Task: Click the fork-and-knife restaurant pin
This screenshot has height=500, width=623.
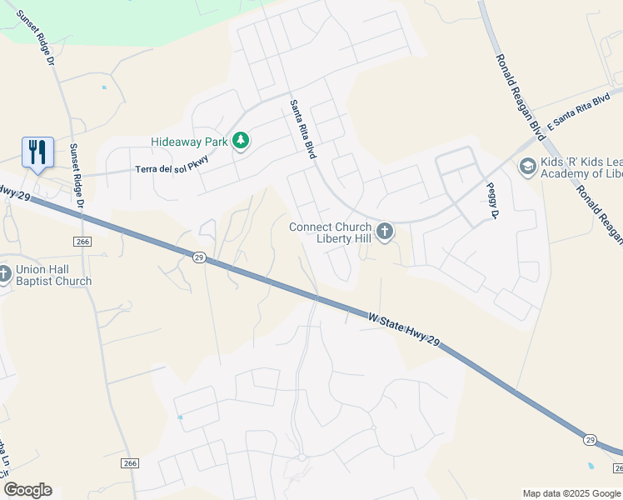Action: pos(37,152)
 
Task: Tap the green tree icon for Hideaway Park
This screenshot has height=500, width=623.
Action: pos(241,141)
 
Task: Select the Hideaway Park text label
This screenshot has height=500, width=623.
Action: pos(189,142)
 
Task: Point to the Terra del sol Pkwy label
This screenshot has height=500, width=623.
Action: pos(172,167)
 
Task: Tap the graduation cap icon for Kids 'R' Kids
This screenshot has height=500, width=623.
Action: pos(526,167)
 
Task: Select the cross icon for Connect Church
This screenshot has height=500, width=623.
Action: pos(384,231)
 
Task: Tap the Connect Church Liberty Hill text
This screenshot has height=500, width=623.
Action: pos(331,233)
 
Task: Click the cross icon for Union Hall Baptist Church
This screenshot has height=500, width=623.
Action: pos(4,273)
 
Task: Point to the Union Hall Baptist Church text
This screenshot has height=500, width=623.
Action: pos(54,275)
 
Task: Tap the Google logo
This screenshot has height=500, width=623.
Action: pos(27,489)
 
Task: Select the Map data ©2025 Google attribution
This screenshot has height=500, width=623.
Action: pos(571,493)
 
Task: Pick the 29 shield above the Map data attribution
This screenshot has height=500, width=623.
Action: pos(590,438)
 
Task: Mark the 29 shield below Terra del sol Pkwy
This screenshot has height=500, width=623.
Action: pos(198,257)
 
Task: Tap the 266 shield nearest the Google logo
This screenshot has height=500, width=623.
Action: pos(129,463)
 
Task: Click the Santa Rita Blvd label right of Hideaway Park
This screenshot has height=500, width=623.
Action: pos(304,130)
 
